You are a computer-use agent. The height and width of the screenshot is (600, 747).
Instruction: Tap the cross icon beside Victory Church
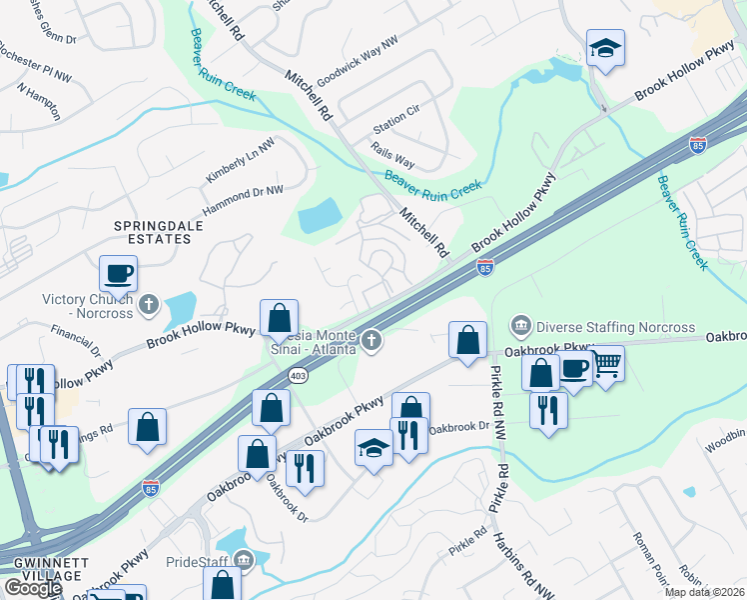[149, 303]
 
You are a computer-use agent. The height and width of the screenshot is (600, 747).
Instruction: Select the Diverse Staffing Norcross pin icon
[519, 327]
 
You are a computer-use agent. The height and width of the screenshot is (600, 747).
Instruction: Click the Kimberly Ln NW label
[240, 160]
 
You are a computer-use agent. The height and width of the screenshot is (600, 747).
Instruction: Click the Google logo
[32, 588]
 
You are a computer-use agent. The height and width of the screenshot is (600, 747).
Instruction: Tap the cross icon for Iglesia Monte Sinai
[372, 342]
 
